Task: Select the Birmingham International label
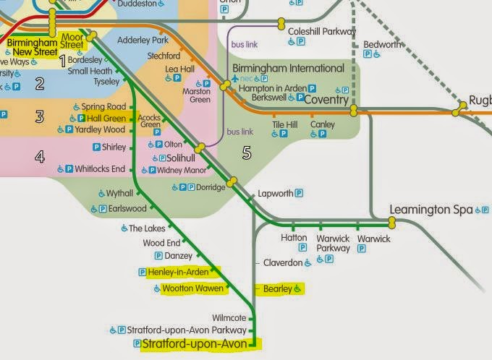(288, 68)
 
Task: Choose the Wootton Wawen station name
(193, 288)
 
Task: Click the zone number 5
(247, 153)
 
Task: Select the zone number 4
(39, 156)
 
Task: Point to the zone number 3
(39, 116)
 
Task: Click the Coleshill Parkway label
(322, 32)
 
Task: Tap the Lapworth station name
(275, 194)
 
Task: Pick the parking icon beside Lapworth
(298, 194)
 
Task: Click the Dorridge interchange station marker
(232, 182)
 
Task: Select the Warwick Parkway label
(334, 243)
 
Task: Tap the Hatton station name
(293, 238)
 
